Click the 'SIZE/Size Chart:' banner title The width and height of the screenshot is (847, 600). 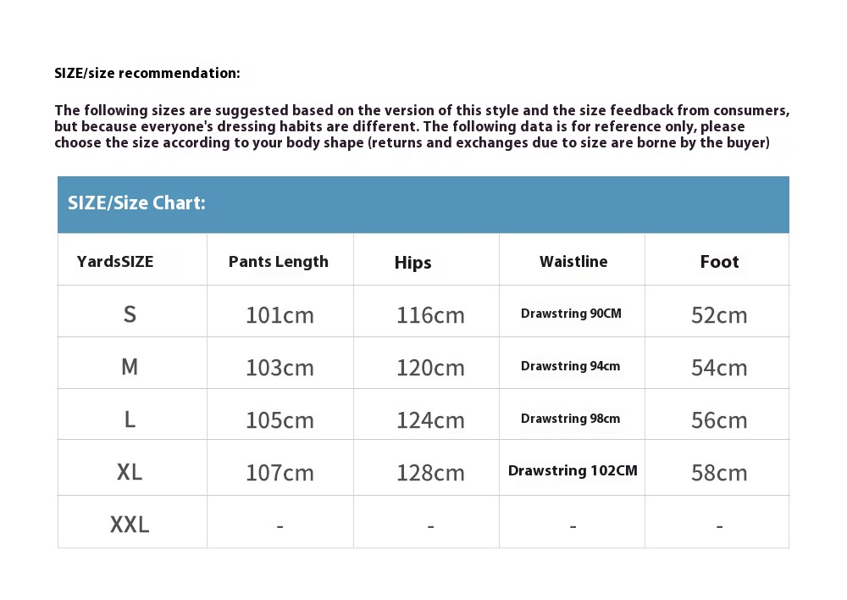[x=136, y=203]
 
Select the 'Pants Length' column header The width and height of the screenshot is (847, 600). [x=279, y=261]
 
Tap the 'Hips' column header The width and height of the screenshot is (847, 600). [x=413, y=263]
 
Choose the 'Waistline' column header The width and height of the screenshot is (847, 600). [x=573, y=261]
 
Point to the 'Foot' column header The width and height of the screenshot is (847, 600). [x=719, y=262]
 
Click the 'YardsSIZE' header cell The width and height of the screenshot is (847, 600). [x=115, y=261]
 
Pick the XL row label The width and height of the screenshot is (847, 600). [x=130, y=471]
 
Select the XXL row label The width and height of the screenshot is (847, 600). [x=130, y=525]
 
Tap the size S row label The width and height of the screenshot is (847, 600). [x=130, y=314]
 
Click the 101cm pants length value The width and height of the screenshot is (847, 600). [x=280, y=315]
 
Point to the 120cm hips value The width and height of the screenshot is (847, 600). [x=430, y=368]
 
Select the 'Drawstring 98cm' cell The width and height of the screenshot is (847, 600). [x=571, y=419]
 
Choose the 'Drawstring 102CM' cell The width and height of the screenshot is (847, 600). [x=573, y=470]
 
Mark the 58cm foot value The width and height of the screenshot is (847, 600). [x=719, y=472]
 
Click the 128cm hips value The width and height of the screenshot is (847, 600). [x=430, y=472]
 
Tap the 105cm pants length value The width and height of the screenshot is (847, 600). [x=280, y=419]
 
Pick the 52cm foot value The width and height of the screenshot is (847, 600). [x=719, y=315]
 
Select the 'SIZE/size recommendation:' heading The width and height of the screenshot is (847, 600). [x=147, y=73]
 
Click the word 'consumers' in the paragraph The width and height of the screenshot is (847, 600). [x=750, y=111]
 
